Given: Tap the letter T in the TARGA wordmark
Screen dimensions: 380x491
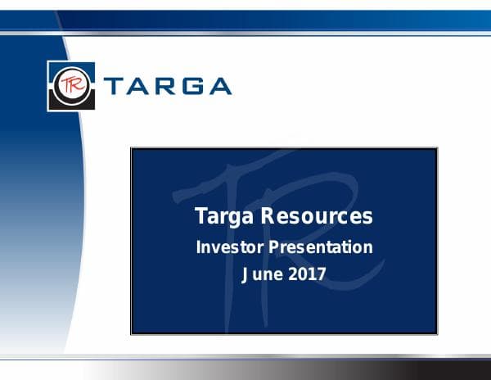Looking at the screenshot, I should tap(115, 86).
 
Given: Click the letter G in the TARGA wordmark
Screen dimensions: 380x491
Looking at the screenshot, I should tap(192, 86).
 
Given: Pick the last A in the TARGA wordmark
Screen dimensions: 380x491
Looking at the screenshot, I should tap(218, 86).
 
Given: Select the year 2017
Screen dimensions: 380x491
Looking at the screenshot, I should tap(308, 274).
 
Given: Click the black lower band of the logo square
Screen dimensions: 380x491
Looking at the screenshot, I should tap(73, 104).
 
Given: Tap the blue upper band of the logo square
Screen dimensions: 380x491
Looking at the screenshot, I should tap(73, 66).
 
